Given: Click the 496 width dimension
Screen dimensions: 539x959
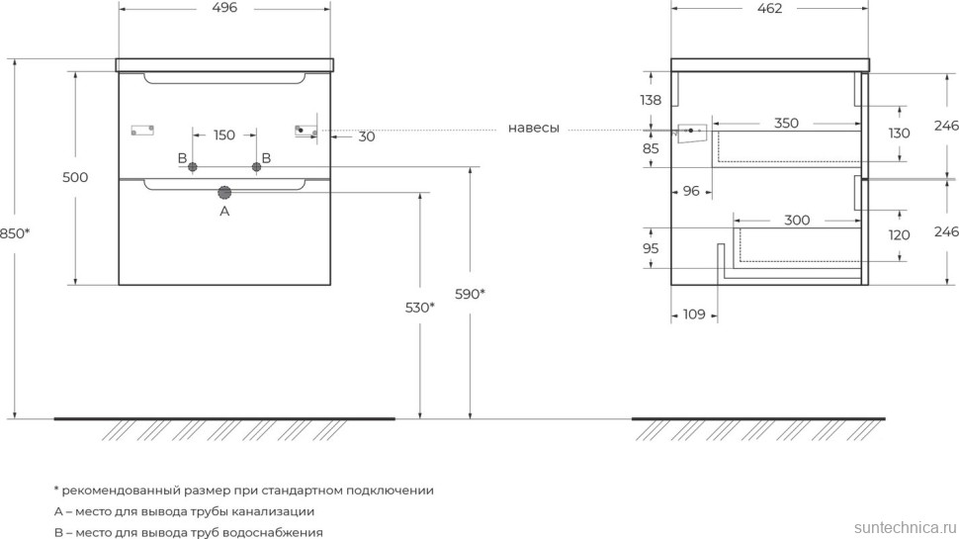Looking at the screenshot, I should coord(224,8).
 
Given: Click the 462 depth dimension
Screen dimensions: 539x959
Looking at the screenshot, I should coord(770,8).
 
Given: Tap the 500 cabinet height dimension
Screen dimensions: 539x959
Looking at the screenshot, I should coord(75,178).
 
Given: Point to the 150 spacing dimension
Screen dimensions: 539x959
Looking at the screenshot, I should coord(224,135).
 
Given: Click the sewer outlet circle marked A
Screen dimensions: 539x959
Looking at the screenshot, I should coord(224,193).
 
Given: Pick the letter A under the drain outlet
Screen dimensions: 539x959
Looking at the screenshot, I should coord(224,211).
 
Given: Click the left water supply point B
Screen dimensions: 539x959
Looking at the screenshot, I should coord(194,166).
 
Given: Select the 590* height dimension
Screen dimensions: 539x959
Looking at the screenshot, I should coord(470,294).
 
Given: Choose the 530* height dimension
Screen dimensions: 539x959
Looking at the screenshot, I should coord(419,308).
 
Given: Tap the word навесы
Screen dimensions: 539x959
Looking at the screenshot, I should coord(534,129).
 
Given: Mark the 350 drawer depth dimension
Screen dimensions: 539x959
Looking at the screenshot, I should coord(786,124).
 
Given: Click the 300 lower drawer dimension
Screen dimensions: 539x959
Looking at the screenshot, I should coord(797,220).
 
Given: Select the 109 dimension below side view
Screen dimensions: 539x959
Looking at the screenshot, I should coord(694,314).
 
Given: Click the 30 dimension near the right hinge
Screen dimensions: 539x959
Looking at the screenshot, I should coord(367,136).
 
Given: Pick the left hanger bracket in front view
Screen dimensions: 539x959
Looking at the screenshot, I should coord(143,130).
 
